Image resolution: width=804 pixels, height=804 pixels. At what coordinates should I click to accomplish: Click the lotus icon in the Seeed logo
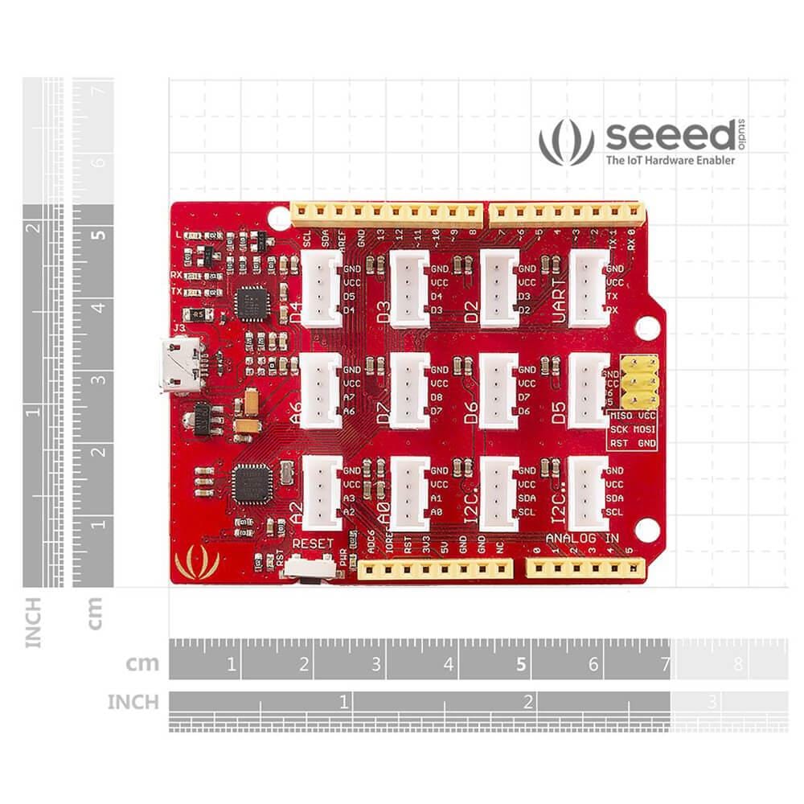coord(566,142)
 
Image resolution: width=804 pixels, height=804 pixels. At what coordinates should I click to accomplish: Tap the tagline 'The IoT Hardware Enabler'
coord(669,160)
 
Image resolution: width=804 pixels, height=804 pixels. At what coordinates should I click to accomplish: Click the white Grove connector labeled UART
coord(589,288)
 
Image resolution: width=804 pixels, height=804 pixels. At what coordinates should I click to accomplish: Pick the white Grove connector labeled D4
coord(322,288)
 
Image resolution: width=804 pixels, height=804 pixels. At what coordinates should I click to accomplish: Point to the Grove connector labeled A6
coord(322,391)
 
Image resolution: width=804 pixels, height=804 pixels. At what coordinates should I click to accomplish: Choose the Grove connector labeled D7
coord(412,391)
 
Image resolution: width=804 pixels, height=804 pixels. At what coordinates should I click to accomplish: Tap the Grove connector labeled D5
coord(589,391)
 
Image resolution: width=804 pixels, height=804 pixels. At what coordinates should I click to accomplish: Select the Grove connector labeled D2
coord(500,288)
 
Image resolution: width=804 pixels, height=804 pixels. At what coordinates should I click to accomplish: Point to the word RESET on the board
coord(313,544)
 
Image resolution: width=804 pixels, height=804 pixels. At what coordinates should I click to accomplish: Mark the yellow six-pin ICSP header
coord(635,384)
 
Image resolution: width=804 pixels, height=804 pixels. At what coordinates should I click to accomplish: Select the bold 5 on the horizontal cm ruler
coord(521,665)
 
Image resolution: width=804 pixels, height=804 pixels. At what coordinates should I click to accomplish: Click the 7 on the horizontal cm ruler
coord(665,665)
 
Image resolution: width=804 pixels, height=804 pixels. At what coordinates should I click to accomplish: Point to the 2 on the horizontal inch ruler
coord(527,702)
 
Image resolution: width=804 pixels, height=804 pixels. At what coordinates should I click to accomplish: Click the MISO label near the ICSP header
coord(621,416)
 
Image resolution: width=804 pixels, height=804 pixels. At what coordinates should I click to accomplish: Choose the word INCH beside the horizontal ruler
coord(133,702)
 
